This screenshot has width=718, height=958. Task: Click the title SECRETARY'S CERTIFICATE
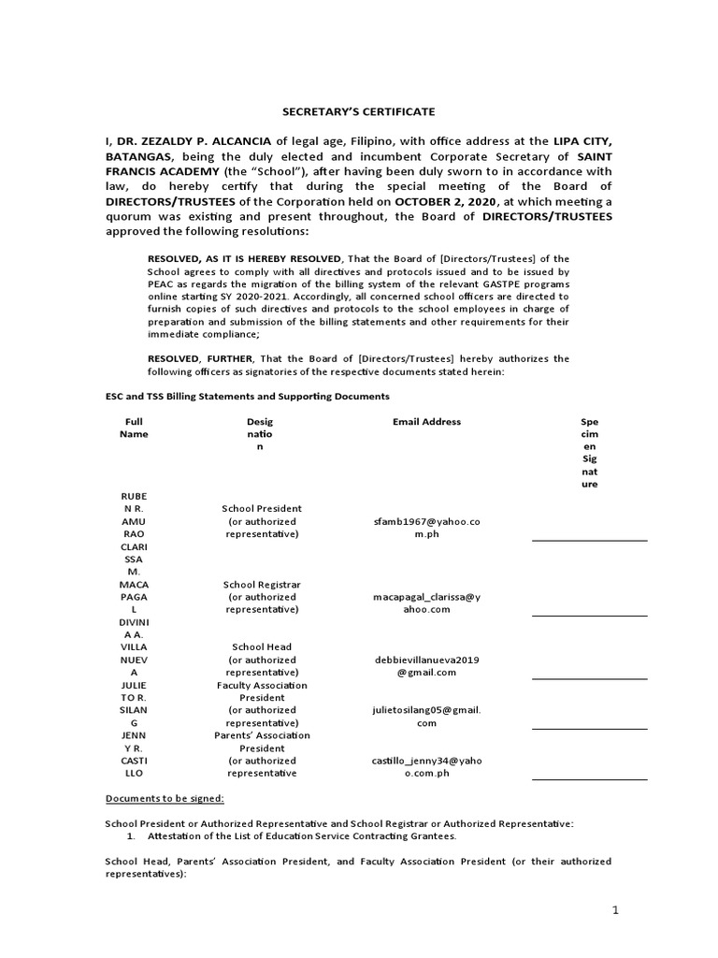[x=360, y=111]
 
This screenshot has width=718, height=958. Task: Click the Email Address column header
[x=426, y=422]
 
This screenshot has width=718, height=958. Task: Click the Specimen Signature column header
[x=589, y=453]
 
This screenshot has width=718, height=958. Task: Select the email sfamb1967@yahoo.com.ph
[x=426, y=527]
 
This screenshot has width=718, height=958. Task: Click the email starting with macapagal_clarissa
[x=426, y=602]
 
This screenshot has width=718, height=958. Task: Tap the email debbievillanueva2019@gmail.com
[x=426, y=665]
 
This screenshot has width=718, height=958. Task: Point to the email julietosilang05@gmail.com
[x=426, y=717]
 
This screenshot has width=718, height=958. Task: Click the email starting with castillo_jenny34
[x=426, y=767]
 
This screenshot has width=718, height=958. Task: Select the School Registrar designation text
[x=262, y=584]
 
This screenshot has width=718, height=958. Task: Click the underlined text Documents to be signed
[x=164, y=798]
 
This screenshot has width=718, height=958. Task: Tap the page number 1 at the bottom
[x=615, y=911]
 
